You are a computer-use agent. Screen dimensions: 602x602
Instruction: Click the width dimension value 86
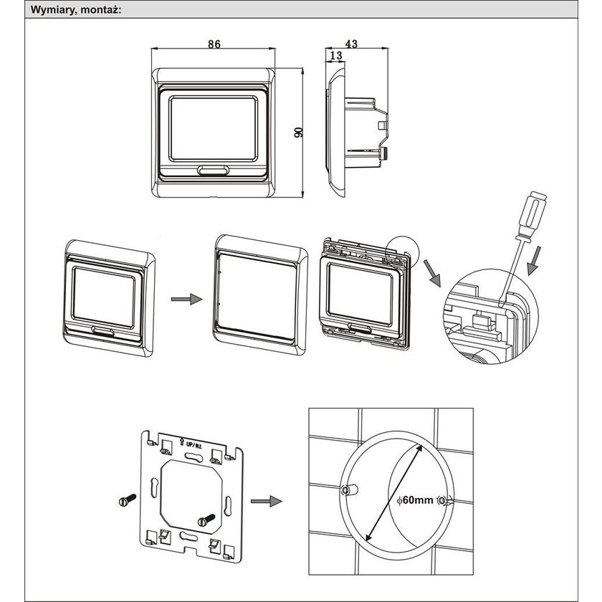(x=214, y=44)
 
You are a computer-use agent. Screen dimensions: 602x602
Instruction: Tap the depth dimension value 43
(x=351, y=44)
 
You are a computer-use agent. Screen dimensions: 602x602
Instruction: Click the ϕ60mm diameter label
(x=414, y=500)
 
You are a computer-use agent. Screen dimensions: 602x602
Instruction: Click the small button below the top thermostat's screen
(x=213, y=171)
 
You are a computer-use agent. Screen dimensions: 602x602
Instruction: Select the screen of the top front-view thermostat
(x=213, y=128)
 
